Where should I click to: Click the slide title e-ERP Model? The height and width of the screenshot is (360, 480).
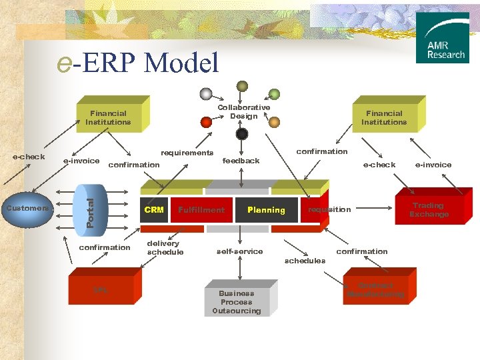pyautogui.click(x=139, y=63)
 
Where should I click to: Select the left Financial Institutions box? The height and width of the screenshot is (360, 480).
pyautogui.click(x=108, y=117)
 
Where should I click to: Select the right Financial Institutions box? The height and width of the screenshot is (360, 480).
pyautogui.click(x=384, y=117)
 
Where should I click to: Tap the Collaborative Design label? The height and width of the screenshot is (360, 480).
pyautogui.click(x=244, y=111)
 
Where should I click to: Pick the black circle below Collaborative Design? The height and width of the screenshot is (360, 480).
pyautogui.click(x=242, y=134)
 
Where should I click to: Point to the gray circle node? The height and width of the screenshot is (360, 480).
pyautogui.click(x=207, y=93)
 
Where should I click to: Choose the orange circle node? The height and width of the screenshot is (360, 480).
pyautogui.click(x=274, y=121)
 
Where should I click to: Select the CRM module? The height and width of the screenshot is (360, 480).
pyautogui.click(x=154, y=210)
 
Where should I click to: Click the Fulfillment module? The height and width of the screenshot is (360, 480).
pyautogui.click(x=201, y=210)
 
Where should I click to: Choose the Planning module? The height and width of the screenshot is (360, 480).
pyautogui.click(x=266, y=210)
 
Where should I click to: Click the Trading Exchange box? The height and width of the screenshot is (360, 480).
pyautogui.click(x=429, y=210)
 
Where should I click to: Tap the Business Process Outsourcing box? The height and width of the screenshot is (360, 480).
pyautogui.click(x=237, y=301)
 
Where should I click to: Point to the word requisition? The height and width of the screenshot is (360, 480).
pyautogui.click(x=329, y=209)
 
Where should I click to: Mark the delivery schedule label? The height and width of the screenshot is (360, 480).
pyautogui.click(x=164, y=248)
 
